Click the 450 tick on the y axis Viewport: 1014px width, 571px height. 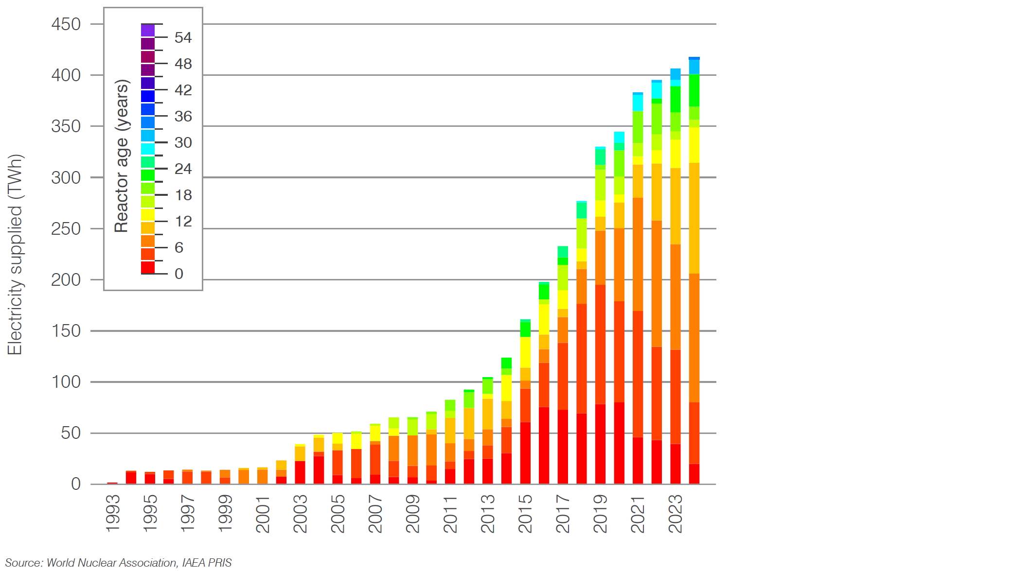[x=66, y=24]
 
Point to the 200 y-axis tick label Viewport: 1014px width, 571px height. [x=66, y=280]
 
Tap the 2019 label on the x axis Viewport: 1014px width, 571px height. [x=601, y=514]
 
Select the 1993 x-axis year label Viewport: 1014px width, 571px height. [x=113, y=514]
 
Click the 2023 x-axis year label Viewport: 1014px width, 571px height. [x=676, y=514]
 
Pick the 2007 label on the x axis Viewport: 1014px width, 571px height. [x=375, y=514]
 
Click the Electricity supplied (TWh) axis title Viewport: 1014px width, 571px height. [x=15, y=255]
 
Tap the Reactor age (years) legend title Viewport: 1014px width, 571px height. [x=122, y=156]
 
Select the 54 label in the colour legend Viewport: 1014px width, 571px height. [x=183, y=38]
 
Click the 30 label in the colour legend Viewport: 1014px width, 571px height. [x=183, y=143]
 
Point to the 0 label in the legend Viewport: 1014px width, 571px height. [x=179, y=274]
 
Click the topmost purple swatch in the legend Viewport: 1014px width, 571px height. [x=148, y=31]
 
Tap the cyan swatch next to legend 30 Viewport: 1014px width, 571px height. [x=148, y=149]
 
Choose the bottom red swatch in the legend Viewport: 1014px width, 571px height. [x=148, y=267]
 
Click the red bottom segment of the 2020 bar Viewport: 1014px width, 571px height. [x=619, y=443]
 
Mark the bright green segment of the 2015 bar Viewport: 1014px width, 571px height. [x=525, y=329]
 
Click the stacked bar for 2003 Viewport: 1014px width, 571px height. [x=300, y=464]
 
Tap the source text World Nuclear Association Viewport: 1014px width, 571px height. [x=112, y=563]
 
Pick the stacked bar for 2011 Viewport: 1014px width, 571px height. [x=450, y=442]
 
